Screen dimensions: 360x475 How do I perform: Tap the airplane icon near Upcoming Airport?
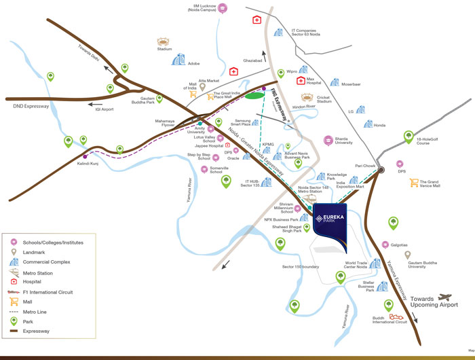[x=445, y=298]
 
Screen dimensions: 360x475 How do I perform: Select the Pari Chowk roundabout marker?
[x=382, y=170]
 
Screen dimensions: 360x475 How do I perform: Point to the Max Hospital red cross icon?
[x=301, y=81]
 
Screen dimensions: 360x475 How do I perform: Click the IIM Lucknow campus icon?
[x=223, y=8]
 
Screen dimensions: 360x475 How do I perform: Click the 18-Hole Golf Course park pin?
[x=408, y=137]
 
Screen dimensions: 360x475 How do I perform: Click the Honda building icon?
[x=368, y=125]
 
